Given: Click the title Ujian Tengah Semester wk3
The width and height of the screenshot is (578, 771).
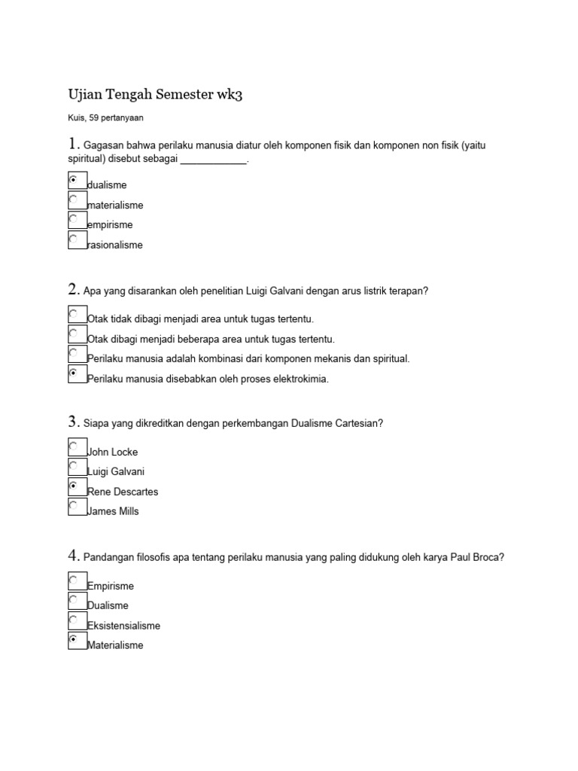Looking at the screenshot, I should [x=156, y=95].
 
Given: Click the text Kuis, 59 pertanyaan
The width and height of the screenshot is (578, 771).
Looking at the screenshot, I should [x=106, y=117].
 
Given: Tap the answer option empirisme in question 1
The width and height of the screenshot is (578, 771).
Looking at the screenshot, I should [x=110, y=224].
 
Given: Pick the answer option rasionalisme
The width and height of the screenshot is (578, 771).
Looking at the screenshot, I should [x=114, y=245].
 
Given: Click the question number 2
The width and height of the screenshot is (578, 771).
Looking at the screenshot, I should [x=74, y=289].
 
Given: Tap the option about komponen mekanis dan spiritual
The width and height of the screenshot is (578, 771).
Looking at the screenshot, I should [x=248, y=359].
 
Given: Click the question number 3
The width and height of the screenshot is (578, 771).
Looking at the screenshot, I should [x=74, y=422].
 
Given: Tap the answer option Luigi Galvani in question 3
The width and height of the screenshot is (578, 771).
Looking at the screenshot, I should [x=116, y=471].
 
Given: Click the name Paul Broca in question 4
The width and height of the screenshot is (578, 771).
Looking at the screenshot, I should [x=475, y=557].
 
